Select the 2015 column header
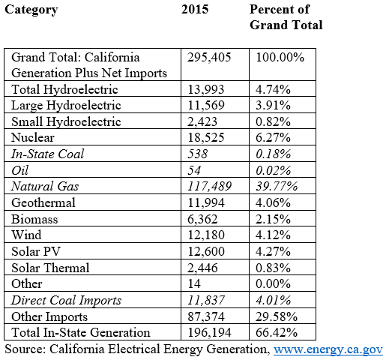tap(196, 10)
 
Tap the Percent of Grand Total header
tap(286, 17)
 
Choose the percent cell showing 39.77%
tap(278, 187)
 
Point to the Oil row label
tap(21, 170)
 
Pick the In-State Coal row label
tap(46, 154)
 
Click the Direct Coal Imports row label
tap(65, 301)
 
